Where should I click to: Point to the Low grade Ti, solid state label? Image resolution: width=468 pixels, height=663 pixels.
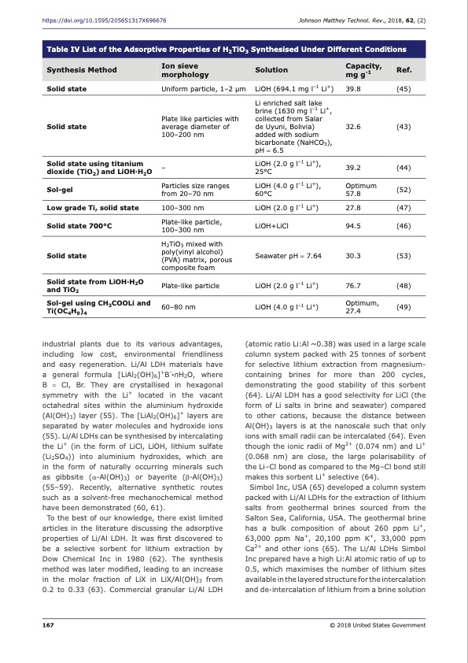click(93, 207)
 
